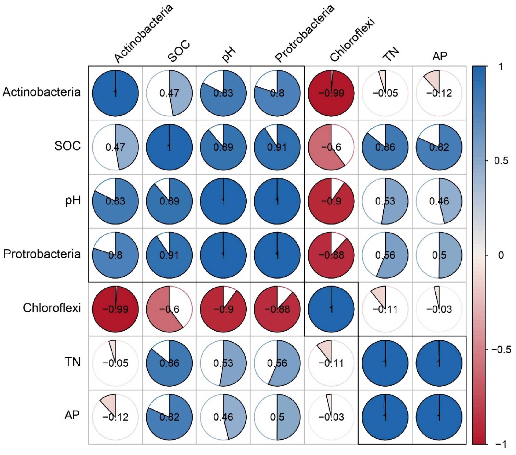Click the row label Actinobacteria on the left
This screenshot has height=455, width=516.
coord(42,92)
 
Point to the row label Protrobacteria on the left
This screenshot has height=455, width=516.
coord(42,254)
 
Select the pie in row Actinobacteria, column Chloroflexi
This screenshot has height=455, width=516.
coord(331,93)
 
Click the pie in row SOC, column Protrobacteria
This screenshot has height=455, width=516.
coord(277,147)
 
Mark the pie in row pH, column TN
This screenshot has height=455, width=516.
coord(385,201)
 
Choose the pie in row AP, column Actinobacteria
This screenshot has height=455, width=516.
coord(115,417)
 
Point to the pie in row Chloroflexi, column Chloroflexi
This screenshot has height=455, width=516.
coord(331,309)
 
